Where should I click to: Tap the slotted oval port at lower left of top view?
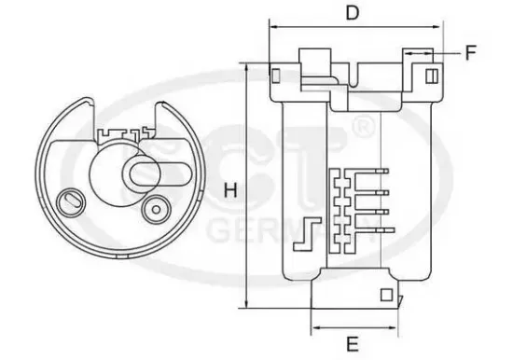[67, 201]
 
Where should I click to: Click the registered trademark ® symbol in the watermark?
[367, 124]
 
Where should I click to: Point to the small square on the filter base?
[385, 296]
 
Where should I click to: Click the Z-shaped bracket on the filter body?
[301, 234]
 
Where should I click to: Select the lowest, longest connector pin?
[373, 228]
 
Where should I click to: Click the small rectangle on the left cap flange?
[275, 75]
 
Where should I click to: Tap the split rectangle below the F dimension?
[432, 75]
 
